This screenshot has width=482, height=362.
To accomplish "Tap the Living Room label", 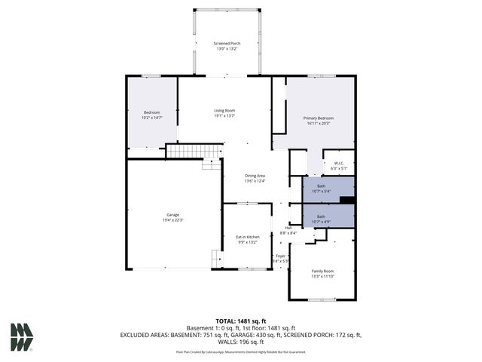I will [224, 111].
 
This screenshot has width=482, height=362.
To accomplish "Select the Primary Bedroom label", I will [319, 118].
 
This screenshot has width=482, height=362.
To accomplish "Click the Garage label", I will [172, 215].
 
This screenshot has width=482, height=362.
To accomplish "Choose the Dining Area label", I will [255, 176].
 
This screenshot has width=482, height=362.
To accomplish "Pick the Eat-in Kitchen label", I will [248, 237].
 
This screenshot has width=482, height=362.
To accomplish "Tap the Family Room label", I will [322, 271].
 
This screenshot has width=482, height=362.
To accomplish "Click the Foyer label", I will [280, 256].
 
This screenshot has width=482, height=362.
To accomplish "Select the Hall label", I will [288, 228].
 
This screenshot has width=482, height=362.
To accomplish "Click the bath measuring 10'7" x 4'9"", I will [322, 216].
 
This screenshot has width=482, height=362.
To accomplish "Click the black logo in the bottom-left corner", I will [22, 336].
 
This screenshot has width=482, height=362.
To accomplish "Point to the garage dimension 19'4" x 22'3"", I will [172, 219].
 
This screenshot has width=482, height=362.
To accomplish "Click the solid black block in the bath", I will [346, 200].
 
